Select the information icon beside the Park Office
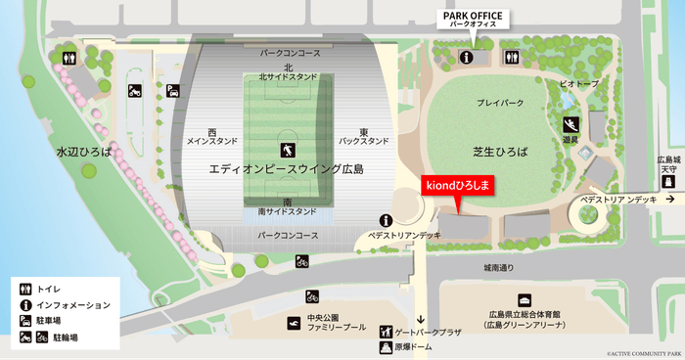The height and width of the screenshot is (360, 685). point(466,58)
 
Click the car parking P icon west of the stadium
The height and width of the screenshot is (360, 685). point(172,91)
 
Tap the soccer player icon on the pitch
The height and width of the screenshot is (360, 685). point(288,150)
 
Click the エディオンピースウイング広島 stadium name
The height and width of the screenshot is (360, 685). point(286,169)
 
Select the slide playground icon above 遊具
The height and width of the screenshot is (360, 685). point(571,124)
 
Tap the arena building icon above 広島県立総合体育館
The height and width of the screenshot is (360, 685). point(525,299)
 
